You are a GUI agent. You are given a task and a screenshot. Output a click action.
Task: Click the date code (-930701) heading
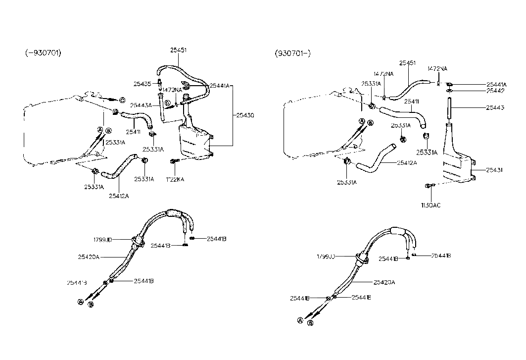tap(44, 53)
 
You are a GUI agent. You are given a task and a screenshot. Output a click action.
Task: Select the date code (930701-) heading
tap(292, 53)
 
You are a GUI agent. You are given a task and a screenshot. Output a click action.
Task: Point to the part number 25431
tap(495, 170)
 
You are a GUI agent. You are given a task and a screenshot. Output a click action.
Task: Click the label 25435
tap(143, 84)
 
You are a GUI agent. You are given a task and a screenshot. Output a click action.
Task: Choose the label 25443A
tap(142, 105)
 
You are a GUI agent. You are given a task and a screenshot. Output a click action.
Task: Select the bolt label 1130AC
tap(430, 204)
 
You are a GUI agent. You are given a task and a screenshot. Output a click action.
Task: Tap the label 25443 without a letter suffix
tap(495, 108)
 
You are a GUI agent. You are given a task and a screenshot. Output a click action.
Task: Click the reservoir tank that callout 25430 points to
tap(194, 141)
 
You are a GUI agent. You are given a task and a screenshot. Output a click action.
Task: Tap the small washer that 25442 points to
tap(449, 91)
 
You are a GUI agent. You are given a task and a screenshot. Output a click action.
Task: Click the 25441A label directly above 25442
tap(497, 85)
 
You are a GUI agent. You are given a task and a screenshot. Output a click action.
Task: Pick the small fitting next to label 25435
tap(159, 83)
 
